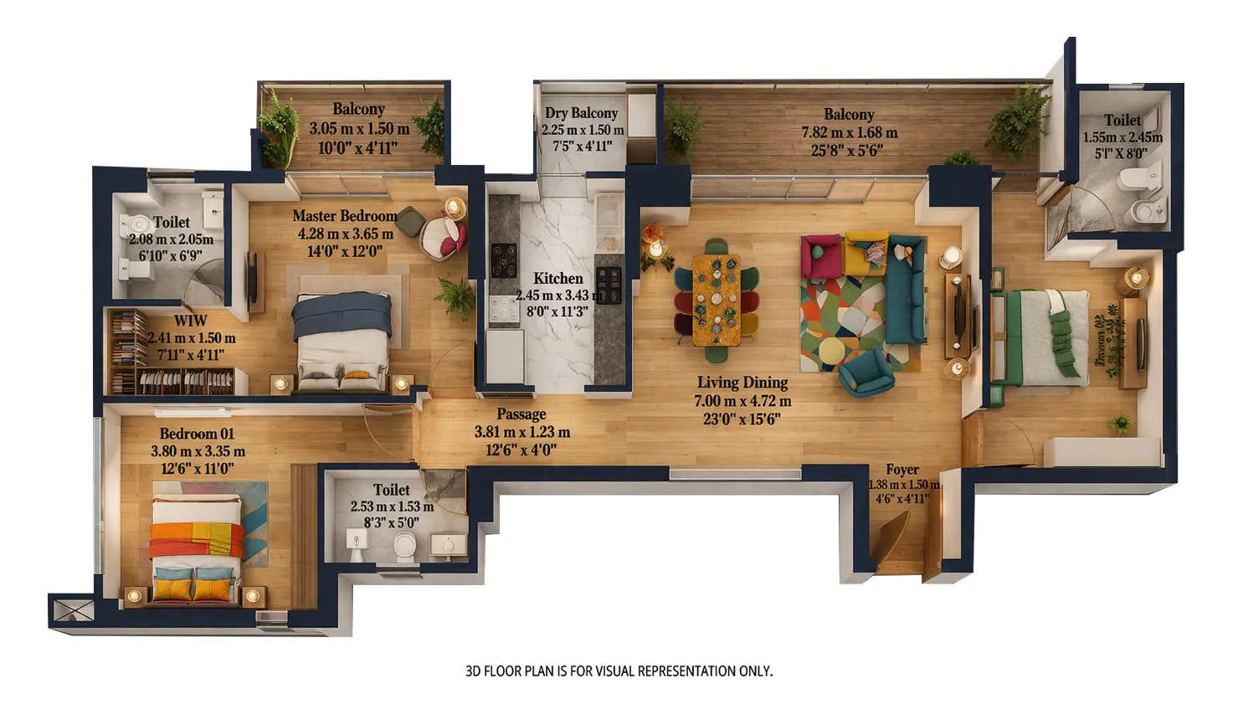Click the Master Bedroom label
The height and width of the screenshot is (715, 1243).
[344, 216]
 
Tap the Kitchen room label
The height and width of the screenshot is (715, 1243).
[557, 278]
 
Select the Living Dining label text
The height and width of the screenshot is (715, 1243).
[742, 383]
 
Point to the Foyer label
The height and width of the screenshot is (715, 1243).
[901, 470]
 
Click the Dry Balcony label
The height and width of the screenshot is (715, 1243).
[581, 113]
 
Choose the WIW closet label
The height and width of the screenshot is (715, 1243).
[190, 321]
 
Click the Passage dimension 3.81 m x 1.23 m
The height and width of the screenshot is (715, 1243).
[521, 432]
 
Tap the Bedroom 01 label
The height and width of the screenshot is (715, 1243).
[197, 434]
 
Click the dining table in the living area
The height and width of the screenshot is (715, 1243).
[717, 299]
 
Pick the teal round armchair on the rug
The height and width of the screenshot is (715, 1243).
[865, 370]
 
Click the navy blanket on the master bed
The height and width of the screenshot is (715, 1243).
[342, 312]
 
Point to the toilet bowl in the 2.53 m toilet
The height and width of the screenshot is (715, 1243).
[404, 546]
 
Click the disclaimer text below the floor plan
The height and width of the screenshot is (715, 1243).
[619, 671]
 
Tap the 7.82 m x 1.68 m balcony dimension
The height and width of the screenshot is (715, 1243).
[849, 132]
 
